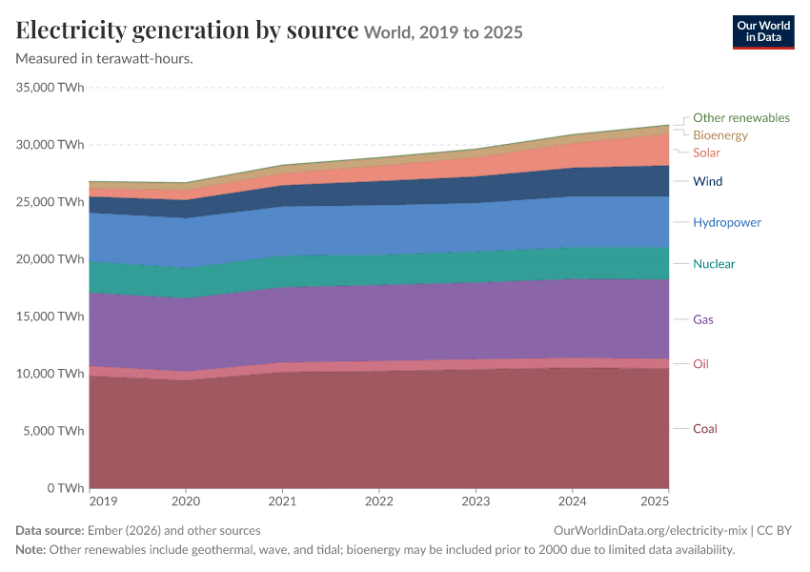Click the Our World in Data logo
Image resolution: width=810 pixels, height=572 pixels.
click(763, 32)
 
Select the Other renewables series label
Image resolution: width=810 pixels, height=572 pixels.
click(740, 118)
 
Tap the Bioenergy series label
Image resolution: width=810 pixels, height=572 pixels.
click(720, 135)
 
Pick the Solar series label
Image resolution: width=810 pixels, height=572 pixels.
click(706, 153)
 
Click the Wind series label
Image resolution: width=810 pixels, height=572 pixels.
click(707, 181)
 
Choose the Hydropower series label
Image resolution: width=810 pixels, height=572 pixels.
click(727, 222)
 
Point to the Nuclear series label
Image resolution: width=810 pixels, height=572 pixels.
click(714, 263)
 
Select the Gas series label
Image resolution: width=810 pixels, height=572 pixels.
click(702, 319)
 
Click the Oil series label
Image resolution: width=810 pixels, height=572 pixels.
click(700, 364)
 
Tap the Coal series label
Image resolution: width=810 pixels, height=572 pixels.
click(704, 428)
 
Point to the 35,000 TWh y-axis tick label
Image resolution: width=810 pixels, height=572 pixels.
click(50, 88)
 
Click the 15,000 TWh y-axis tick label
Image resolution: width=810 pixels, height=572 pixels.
click(50, 317)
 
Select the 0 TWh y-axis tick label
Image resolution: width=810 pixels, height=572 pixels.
click(65, 488)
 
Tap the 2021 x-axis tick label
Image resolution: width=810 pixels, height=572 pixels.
click(282, 501)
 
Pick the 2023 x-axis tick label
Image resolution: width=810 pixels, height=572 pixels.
click(476, 501)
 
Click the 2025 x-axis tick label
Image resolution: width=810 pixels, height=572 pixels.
click(655, 501)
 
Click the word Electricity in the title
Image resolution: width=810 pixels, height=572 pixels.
click(71, 31)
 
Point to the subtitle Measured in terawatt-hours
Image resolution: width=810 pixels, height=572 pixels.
click(105, 59)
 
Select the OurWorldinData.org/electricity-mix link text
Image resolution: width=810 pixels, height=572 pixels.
click(650, 531)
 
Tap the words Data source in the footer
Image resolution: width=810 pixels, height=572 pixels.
click(50, 531)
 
